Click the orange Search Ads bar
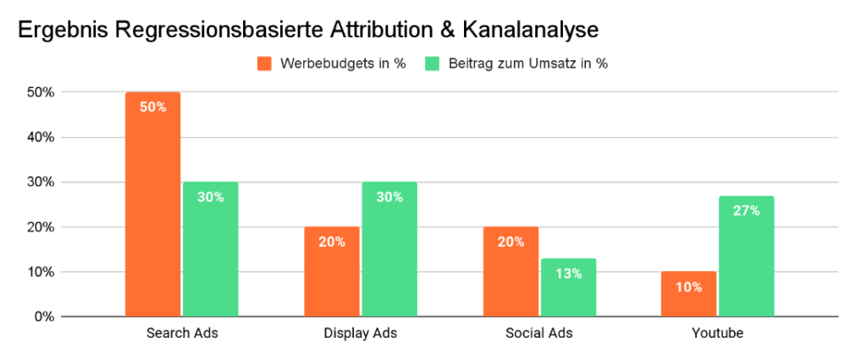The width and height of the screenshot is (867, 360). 152,203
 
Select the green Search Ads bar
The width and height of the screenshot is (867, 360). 210,249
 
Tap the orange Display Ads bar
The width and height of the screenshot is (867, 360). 332,271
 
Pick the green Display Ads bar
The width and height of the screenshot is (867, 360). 389,249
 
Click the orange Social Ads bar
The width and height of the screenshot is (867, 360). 511,271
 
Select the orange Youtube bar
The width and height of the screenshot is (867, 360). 689,294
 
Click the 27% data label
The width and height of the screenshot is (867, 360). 747,211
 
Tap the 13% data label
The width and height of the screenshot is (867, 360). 568,274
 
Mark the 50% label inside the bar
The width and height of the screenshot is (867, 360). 152,107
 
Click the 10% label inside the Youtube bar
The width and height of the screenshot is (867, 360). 689,286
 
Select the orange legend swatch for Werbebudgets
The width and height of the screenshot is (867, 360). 263,64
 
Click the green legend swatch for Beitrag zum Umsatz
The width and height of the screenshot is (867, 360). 432,64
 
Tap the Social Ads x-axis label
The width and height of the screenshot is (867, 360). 539,334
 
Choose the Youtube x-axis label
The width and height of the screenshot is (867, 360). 718,334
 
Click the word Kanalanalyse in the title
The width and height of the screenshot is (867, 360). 531,30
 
